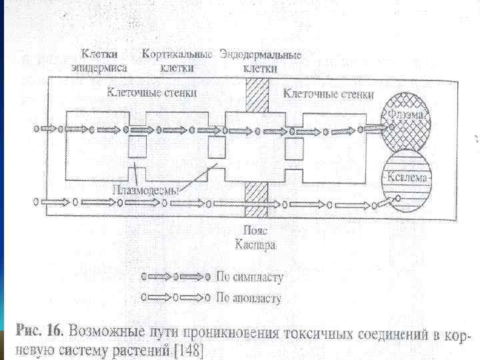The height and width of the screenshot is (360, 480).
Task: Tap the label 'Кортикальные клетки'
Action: (177, 60)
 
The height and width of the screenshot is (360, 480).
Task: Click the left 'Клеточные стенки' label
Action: (152, 93)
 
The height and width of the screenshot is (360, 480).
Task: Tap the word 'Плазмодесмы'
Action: (145, 189)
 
